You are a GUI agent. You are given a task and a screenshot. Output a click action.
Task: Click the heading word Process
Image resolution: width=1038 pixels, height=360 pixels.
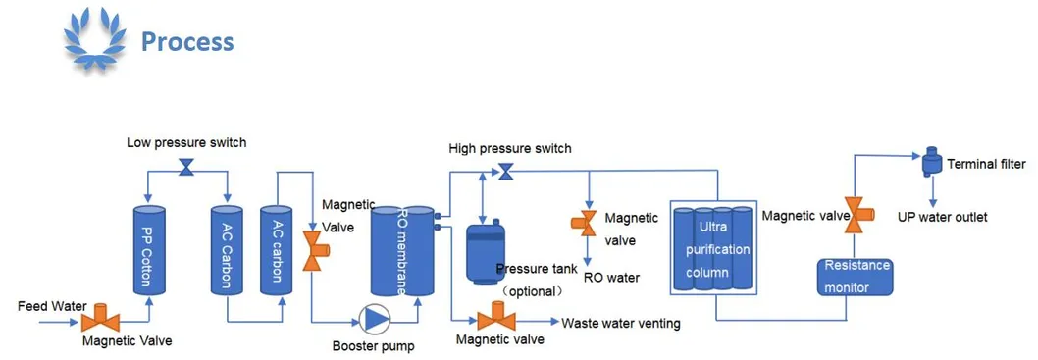point(186,42)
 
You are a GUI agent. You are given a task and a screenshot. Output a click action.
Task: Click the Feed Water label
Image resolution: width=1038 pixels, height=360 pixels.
point(52,306)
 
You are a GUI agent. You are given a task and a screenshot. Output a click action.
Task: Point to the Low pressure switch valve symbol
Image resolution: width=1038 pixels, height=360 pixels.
point(186,171)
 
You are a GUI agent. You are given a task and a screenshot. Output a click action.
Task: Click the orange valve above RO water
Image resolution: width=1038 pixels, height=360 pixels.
point(586,223)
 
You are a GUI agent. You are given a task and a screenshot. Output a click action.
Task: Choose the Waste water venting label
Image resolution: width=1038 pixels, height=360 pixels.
point(620,323)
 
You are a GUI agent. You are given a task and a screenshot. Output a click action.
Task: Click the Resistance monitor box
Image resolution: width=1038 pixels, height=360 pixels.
point(856,276)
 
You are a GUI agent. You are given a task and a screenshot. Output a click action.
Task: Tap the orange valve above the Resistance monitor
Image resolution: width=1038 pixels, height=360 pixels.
point(855,215)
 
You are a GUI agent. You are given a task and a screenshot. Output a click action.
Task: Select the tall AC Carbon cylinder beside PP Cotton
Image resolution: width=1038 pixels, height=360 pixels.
point(227,249)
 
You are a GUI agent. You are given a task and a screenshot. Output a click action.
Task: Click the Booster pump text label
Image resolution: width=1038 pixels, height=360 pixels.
point(373,346)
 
